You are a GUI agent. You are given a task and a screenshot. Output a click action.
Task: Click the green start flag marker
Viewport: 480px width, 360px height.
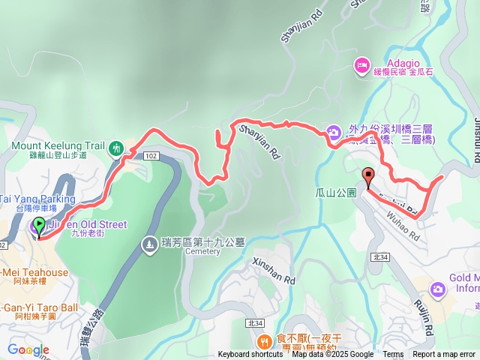39,224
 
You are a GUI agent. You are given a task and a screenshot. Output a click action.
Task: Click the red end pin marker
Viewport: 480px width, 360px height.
367,178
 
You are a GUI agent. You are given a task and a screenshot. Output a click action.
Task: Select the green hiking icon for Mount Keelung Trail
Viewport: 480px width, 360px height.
115,148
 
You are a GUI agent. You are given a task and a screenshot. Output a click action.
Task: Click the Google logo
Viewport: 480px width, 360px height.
28,349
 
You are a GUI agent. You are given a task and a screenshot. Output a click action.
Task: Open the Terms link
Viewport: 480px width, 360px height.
393,355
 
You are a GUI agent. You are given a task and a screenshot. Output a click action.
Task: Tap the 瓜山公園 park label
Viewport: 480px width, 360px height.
334,192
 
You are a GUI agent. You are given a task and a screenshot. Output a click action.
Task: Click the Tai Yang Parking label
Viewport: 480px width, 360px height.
37,199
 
